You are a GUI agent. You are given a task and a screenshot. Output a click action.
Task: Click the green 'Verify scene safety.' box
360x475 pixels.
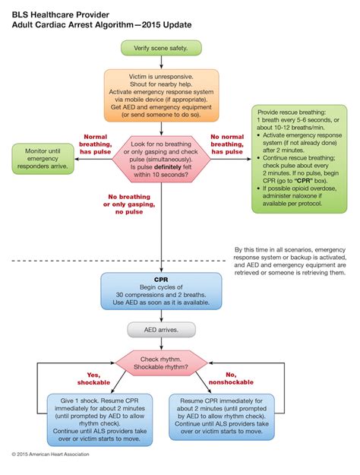coord(160,48)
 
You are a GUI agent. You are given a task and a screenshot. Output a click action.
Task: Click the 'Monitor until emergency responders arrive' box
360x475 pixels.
coord(43,156)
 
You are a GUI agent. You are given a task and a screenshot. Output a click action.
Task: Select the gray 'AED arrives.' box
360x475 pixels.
coord(160,331)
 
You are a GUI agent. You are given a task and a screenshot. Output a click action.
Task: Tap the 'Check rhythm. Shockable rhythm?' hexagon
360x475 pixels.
coord(160,363)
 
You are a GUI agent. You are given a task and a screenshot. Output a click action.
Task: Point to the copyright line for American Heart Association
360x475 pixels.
coord(51,454)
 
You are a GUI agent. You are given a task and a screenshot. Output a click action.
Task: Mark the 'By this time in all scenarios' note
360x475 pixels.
coord(289,261)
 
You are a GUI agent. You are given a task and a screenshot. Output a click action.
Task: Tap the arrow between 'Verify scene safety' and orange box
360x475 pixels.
coord(160,62)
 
